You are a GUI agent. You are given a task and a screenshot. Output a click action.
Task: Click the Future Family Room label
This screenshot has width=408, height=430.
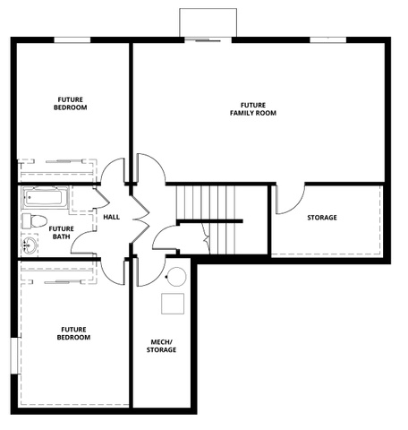pyautogui.click(x=253, y=109)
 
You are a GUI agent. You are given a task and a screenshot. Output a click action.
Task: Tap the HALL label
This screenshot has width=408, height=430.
pyautogui.click(x=112, y=217)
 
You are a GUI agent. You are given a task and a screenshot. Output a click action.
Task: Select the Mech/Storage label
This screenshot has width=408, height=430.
pyautogui.click(x=161, y=346)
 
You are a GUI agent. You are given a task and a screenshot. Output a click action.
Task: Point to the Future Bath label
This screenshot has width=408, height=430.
pyautogui.click(x=61, y=233)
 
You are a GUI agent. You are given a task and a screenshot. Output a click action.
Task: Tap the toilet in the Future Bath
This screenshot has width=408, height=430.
pyautogui.click(x=34, y=221)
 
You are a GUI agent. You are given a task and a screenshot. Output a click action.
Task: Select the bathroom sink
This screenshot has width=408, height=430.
pyautogui.click(x=30, y=245)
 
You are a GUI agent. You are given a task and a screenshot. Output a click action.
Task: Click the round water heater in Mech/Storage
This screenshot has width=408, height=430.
pyautogui.click(x=176, y=277)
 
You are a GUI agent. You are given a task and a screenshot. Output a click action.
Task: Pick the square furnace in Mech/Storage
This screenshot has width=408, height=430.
pyautogui.click(x=173, y=304)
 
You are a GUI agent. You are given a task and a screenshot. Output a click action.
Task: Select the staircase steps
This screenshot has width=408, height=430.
pyautogui.click(x=206, y=219)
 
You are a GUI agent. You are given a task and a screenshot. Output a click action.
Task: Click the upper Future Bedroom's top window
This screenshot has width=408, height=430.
pyautogui.click(x=72, y=39)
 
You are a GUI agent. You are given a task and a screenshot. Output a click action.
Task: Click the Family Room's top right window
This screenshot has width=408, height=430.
pyautogui.click(x=328, y=39)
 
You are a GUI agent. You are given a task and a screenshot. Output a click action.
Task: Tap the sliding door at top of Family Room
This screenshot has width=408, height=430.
pyautogui.click(x=208, y=40)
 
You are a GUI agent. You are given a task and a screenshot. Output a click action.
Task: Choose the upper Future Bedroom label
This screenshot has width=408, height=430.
pyautogui.click(x=71, y=103)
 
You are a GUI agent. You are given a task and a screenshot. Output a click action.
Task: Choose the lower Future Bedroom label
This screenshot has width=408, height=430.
pyautogui.click(x=73, y=333)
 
